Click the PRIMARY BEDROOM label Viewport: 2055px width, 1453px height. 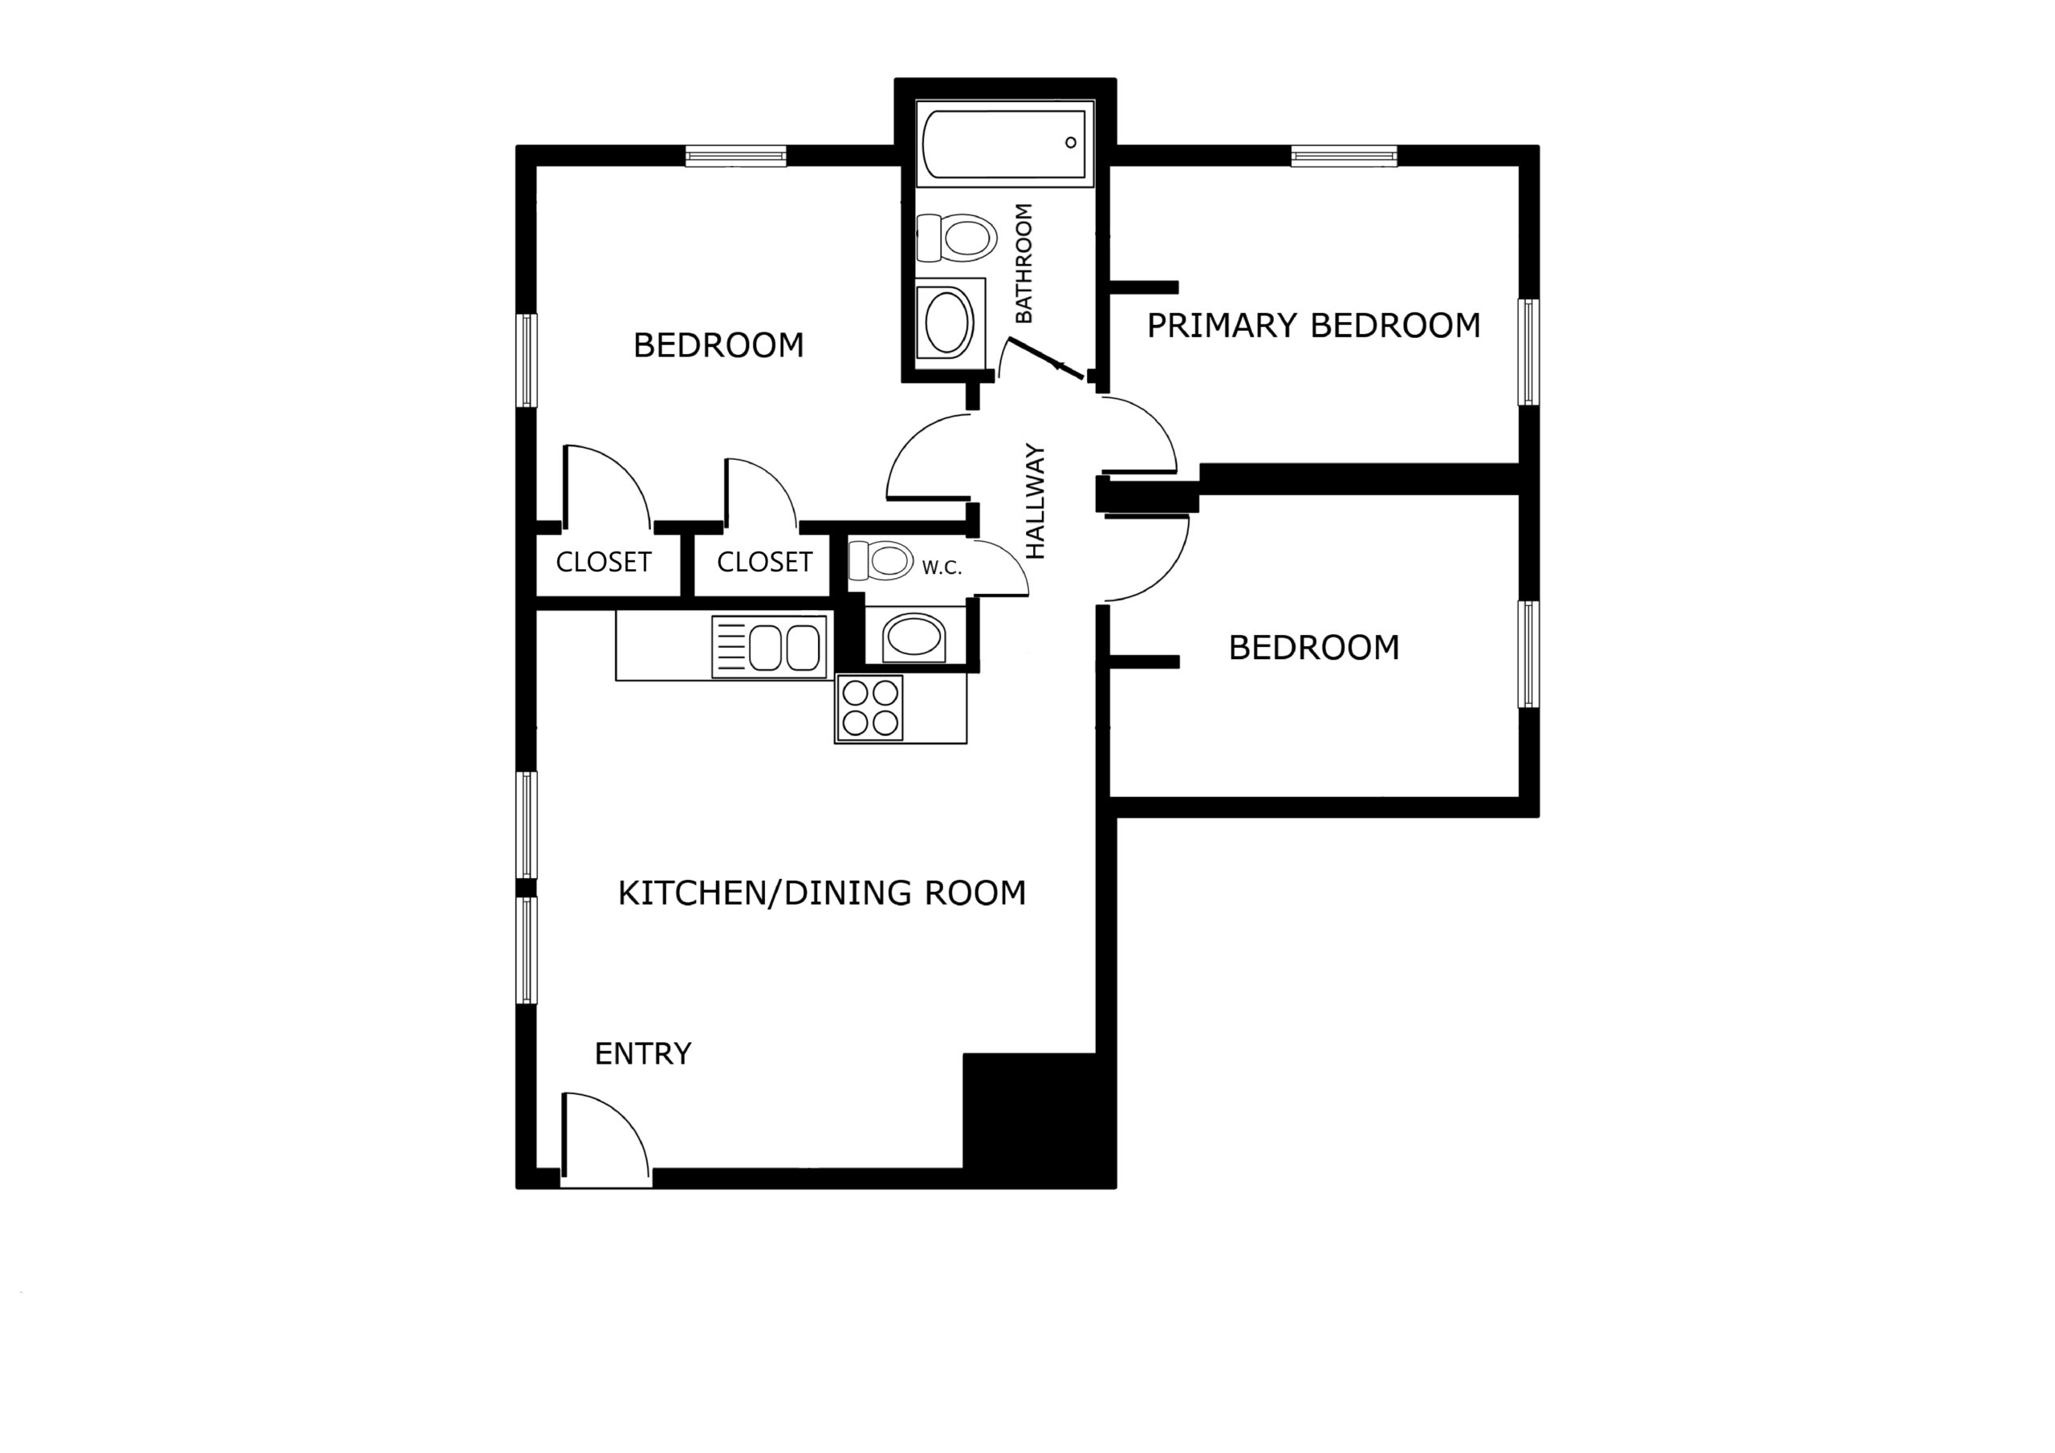click(x=1313, y=326)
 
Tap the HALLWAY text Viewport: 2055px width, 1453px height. click(x=1035, y=502)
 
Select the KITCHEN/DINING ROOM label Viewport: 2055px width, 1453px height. click(x=822, y=893)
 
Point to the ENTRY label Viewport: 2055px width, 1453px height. click(x=643, y=1054)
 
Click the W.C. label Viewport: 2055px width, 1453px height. click(x=942, y=568)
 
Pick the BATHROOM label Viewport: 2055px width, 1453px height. click(x=1024, y=263)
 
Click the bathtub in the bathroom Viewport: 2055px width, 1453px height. click(x=1005, y=143)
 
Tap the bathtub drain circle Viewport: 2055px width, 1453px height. click(x=1071, y=142)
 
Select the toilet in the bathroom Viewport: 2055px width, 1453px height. click(x=956, y=238)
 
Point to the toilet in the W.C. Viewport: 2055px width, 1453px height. click(x=881, y=561)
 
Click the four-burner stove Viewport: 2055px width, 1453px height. click(x=869, y=708)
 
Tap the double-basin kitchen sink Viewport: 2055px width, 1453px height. click(x=769, y=646)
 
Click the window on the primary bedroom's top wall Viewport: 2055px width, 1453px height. click(x=1344, y=157)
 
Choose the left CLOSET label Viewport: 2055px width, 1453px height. click(x=603, y=562)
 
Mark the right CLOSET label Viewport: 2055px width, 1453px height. click(x=764, y=562)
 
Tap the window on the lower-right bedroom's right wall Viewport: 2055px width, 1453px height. click(x=1530, y=654)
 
